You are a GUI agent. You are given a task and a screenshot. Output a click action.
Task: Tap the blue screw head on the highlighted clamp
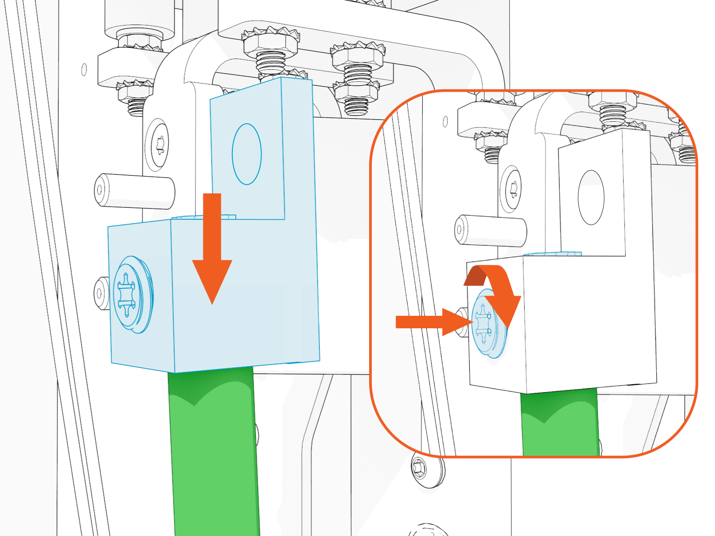130,295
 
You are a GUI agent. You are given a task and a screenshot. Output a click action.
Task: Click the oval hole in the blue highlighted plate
247,154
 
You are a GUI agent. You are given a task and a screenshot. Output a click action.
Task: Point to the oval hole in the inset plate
591,197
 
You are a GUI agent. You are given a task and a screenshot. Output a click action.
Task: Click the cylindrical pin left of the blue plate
134,191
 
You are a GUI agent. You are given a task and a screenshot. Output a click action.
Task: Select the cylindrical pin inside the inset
490,231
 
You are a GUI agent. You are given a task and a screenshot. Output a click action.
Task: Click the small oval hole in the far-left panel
84,69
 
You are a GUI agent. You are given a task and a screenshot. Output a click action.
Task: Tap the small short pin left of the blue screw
102,293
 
